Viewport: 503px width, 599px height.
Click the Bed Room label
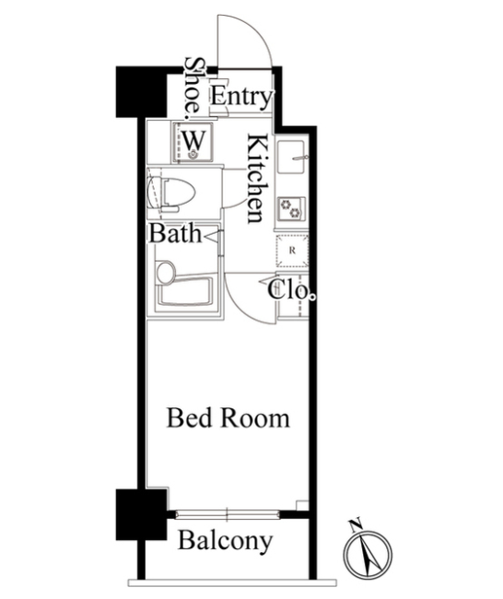pos(228,418)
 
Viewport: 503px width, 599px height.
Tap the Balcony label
pos(226,541)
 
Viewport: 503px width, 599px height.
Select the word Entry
pos(241,97)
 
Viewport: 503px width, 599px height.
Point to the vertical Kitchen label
pos(255,179)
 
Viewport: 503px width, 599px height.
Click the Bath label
pos(175,233)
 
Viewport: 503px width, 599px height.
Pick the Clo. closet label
pos(291,290)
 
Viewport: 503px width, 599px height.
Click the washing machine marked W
pos(193,142)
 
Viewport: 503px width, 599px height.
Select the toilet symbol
pos(172,194)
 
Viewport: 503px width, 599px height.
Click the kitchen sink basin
pos(291,157)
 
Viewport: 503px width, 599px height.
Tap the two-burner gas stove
pos(291,208)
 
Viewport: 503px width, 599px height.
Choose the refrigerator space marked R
pos(293,251)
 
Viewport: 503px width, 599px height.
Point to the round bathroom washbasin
pos(166,273)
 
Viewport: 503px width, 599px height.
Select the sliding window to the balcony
pos(228,514)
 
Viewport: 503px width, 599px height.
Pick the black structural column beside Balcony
pos(142,514)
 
